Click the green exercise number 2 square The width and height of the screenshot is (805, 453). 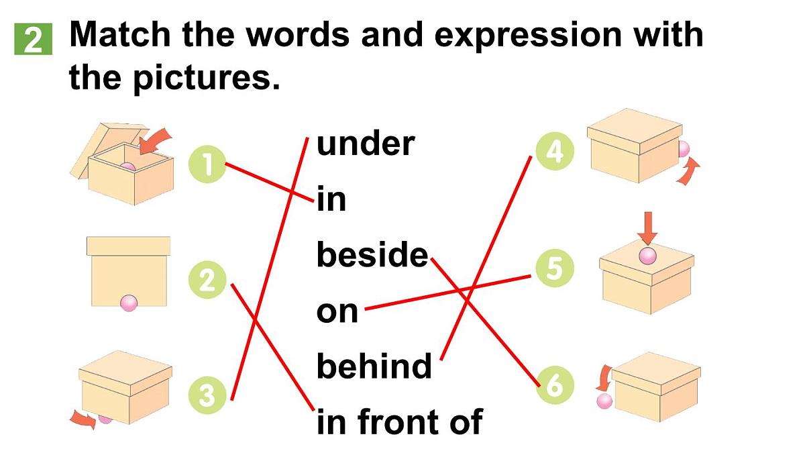[x=33, y=39]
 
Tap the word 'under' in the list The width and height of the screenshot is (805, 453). [x=366, y=144]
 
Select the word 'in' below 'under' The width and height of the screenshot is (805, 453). [x=331, y=199]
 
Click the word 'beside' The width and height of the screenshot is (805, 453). [x=372, y=254]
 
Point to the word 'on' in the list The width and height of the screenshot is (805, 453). [x=337, y=311]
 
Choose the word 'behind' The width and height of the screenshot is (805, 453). [x=374, y=365]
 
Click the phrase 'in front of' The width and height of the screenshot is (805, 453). [x=400, y=421]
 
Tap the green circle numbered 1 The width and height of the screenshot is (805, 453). [x=207, y=164]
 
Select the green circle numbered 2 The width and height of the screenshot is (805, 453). [x=207, y=280]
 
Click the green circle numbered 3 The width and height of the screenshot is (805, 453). [x=207, y=395]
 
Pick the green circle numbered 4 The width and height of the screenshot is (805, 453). [x=555, y=151]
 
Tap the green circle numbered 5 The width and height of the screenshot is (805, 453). [x=555, y=268]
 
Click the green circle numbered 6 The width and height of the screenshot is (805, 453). [x=555, y=385]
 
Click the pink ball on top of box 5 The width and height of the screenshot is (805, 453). [x=647, y=256]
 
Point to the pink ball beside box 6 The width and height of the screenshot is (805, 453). [x=604, y=401]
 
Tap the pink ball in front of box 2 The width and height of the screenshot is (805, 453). [x=129, y=303]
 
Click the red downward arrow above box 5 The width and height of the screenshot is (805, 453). [x=647, y=228]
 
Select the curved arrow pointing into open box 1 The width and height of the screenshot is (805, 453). [x=154, y=141]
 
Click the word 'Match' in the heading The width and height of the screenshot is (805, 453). [x=120, y=34]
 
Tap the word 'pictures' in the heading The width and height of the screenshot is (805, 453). [x=207, y=79]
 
